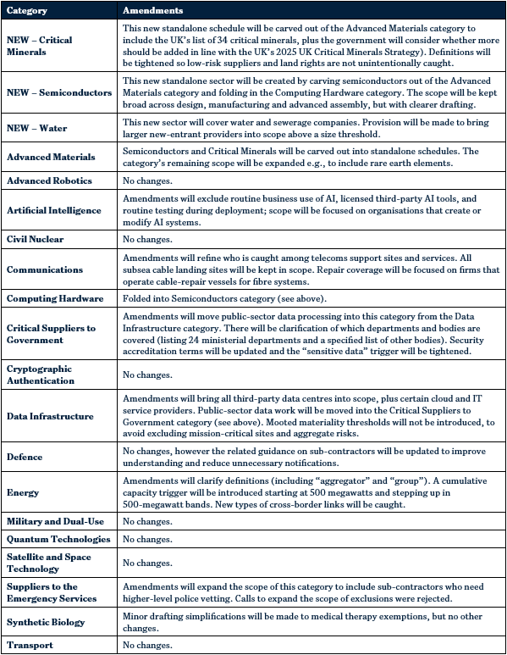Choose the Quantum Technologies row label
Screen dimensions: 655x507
[x=58, y=539]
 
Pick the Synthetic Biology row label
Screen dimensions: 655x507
[x=46, y=622]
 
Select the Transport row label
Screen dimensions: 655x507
[x=30, y=645]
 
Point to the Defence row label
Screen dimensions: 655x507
[x=25, y=457]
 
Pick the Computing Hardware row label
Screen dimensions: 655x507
[x=55, y=298]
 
